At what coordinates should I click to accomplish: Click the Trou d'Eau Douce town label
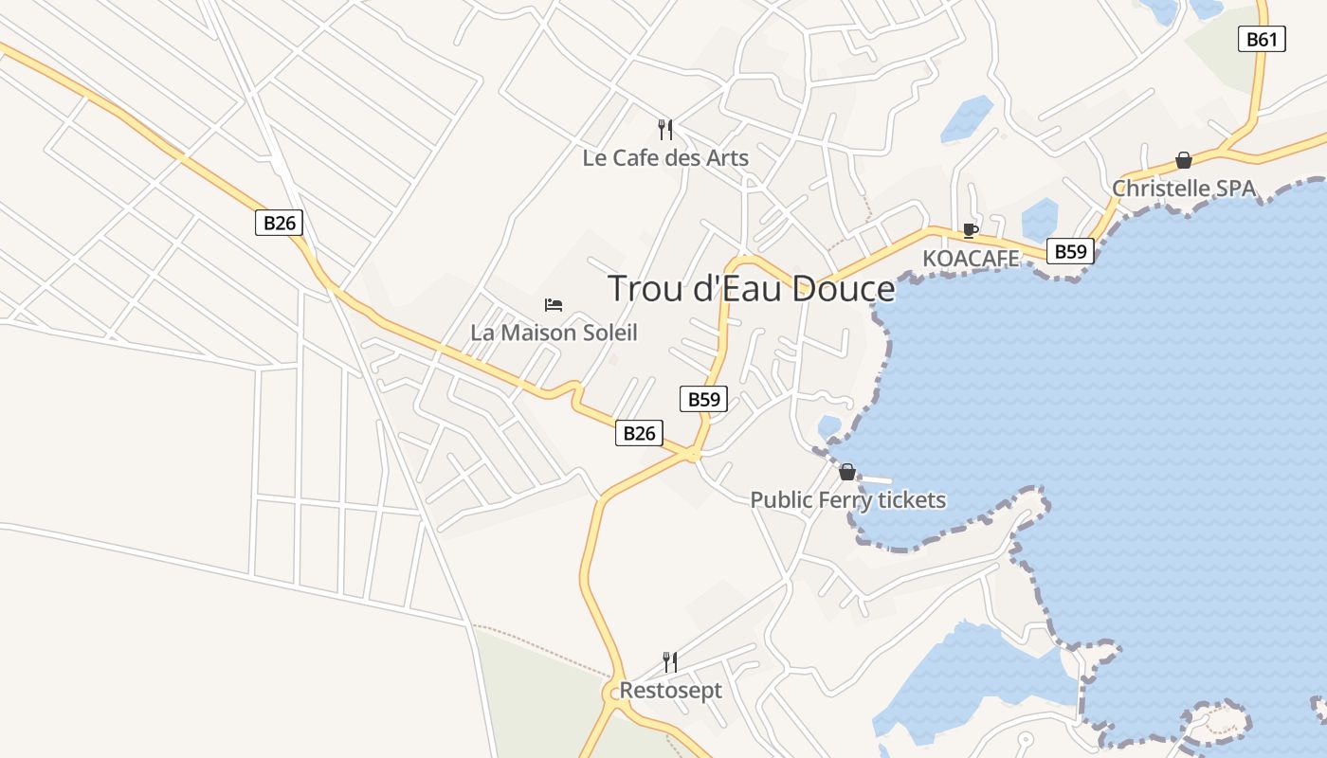(751, 288)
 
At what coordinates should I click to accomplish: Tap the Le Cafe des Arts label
(665, 158)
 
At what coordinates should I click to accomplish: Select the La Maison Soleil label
(554, 333)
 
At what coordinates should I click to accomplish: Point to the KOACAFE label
(971, 259)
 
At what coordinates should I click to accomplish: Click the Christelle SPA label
(1183, 189)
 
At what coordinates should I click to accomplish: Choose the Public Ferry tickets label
(848, 499)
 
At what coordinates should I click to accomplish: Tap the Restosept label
(670, 691)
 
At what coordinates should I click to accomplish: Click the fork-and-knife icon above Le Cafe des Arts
(665, 129)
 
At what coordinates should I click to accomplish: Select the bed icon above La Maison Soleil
(554, 304)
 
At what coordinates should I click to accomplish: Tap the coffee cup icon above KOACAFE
(970, 230)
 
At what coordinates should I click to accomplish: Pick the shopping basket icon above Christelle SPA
(1183, 160)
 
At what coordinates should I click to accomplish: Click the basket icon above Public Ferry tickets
(847, 471)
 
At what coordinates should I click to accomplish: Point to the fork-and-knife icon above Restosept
(670, 661)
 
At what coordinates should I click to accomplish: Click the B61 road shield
(1262, 40)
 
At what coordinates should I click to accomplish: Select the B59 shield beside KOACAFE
(1070, 251)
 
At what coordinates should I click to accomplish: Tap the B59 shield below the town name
(703, 399)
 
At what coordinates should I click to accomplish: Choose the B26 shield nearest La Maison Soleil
(638, 433)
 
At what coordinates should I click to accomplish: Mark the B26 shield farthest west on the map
(280, 224)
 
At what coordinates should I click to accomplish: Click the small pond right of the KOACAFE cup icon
(1039, 219)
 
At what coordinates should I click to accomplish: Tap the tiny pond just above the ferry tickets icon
(829, 425)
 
